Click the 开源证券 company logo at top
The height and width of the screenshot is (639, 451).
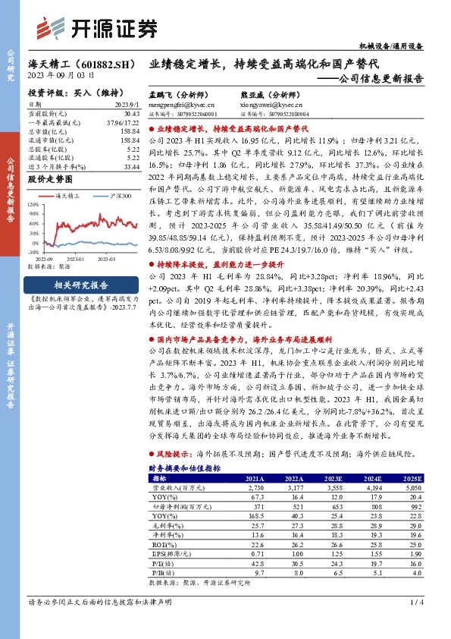(97, 28)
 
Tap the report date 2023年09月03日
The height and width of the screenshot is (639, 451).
(61, 77)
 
